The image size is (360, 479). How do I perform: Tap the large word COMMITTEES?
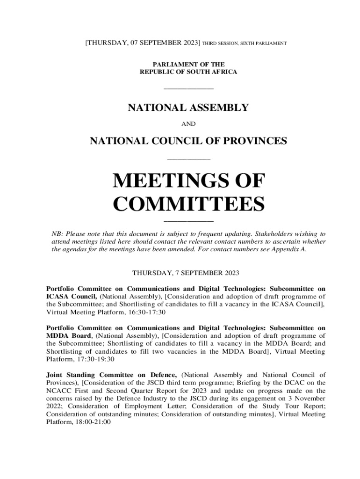coord(189,204)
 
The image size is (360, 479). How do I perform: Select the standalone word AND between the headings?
coord(188,124)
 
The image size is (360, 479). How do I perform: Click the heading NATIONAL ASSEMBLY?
coord(188,108)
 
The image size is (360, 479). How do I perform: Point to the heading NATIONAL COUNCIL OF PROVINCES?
coord(188,140)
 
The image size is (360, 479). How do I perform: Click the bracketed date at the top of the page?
coord(142,43)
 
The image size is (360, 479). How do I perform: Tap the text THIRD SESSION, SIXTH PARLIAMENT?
coord(245,44)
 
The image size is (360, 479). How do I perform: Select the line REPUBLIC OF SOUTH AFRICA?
coord(188,72)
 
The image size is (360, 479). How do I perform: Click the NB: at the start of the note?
coord(57,233)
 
